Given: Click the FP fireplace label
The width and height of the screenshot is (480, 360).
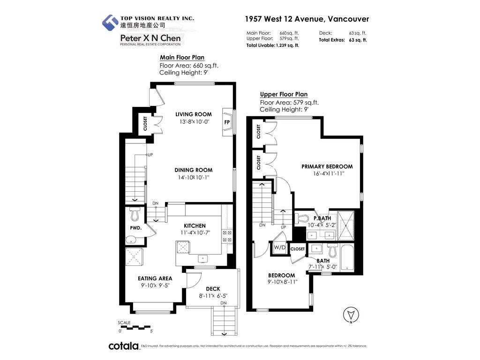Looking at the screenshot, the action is pyautogui.click(x=227, y=122).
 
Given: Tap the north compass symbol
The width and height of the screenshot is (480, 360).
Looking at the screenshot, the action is pyautogui.click(x=351, y=315).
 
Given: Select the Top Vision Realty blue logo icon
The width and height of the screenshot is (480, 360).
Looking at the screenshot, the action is pyautogui.click(x=110, y=22).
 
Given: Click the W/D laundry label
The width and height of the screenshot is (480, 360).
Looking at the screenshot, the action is pyautogui.click(x=279, y=247).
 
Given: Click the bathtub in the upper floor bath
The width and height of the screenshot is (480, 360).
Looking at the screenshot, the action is pyautogui.click(x=347, y=257).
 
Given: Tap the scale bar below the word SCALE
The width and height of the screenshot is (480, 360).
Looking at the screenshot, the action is pyautogui.click(x=135, y=327).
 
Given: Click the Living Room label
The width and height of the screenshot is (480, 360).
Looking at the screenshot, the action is pyautogui.click(x=194, y=114).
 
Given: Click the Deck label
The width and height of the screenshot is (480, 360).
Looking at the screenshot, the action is pyautogui.click(x=213, y=289).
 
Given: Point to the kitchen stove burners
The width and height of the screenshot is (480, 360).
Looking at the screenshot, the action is pyautogui.click(x=227, y=236).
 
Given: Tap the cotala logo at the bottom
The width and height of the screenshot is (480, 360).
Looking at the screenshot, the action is pyautogui.click(x=124, y=346).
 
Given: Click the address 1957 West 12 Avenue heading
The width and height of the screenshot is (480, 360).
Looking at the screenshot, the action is pyautogui.click(x=307, y=19).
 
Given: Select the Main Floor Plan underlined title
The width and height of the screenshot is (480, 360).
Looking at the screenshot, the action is pyautogui.click(x=182, y=57).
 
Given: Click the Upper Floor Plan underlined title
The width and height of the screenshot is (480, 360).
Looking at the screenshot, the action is pyautogui.click(x=284, y=94).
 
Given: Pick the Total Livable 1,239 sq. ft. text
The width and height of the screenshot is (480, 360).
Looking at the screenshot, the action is pyautogui.click(x=273, y=45).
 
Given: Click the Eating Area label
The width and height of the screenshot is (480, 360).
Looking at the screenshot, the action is pyautogui.click(x=155, y=278).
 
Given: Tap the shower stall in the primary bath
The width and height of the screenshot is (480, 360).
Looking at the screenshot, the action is pyautogui.click(x=346, y=225).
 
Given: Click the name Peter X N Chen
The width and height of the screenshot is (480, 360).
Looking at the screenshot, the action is pyautogui.click(x=150, y=38).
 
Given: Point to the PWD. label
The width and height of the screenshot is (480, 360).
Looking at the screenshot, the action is pyautogui.click(x=136, y=228).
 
